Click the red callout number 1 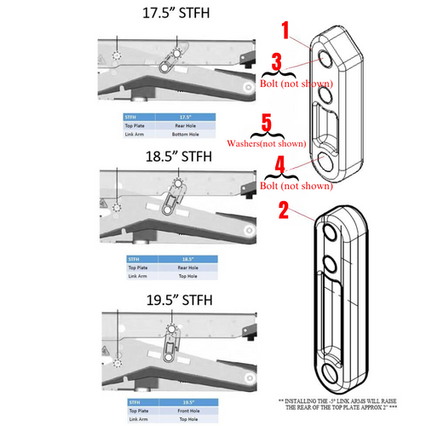point(285,32)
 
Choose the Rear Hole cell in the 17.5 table point(187,124)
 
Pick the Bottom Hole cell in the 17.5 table point(187,133)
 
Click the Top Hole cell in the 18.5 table point(187,274)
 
